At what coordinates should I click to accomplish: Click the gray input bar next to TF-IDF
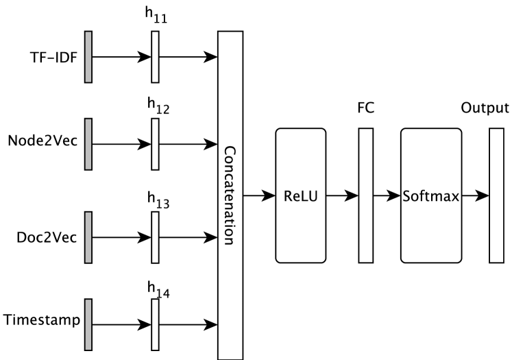87,58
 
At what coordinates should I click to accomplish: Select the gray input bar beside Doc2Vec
87,238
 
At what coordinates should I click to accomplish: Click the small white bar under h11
155,58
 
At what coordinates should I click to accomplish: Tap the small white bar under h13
155,238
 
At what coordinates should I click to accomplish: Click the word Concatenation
229,195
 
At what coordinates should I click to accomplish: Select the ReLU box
300,195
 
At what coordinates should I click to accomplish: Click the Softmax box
431,195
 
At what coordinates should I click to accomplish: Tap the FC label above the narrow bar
365,108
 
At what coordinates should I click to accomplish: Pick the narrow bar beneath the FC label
365,195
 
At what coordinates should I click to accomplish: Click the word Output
485,108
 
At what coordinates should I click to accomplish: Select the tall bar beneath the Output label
496,195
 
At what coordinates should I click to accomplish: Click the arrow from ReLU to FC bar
341,195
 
